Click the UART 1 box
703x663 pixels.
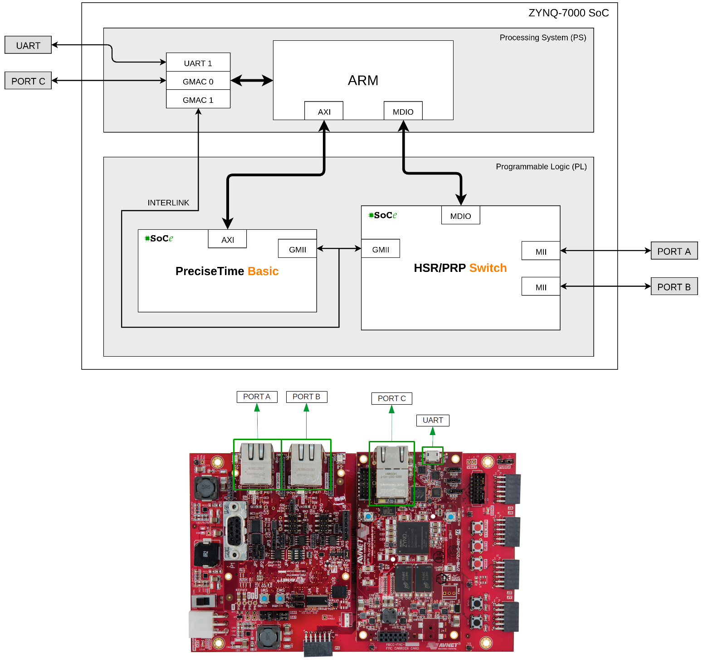[x=198, y=63]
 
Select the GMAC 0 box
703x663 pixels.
[x=198, y=81]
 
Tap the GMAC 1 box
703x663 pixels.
[x=198, y=100]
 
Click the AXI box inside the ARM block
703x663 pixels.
[x=324, y=111]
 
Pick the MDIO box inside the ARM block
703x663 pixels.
[x=403, y=111]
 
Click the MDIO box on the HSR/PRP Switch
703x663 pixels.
[x=460, y=216]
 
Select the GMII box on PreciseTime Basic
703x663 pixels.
[x=298, y=249]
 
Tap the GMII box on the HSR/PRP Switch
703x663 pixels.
[x=381, y=249]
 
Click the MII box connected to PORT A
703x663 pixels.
[x=541, y=251]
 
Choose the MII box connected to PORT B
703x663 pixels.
[x=541, y=286]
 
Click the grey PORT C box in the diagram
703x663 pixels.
[x=28, y=81]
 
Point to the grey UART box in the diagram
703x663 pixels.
[x=28, y=45]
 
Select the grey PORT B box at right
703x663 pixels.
[x=674, y=286]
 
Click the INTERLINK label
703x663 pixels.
[x=168, y=203]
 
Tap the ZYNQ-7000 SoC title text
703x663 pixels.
[x=568, y=13]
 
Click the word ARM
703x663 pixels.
[x=363, y=80]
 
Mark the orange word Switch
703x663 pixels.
[x=488, y=268]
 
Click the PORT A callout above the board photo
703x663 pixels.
[x=257, y=397]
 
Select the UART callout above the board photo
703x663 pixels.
[x=433, y=421]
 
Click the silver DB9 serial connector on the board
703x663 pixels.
[x=235, y=530]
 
